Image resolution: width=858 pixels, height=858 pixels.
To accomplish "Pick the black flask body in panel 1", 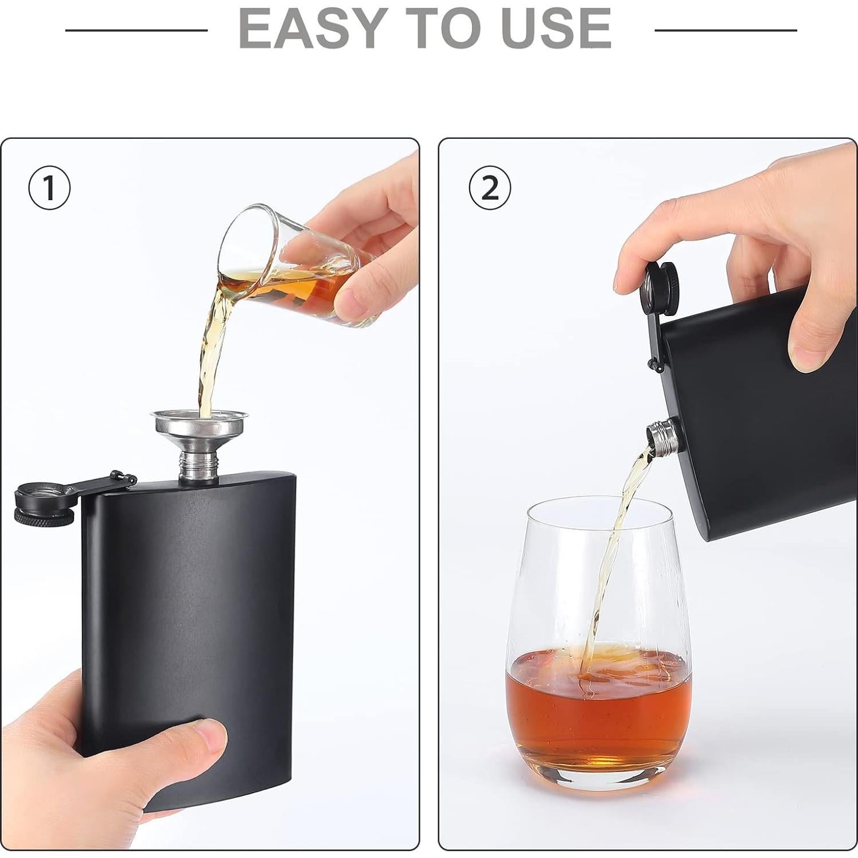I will (x=189, y=602).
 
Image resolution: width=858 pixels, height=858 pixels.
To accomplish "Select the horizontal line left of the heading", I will (x=136, y=30).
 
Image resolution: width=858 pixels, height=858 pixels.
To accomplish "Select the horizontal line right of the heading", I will (x=726, y=30).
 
